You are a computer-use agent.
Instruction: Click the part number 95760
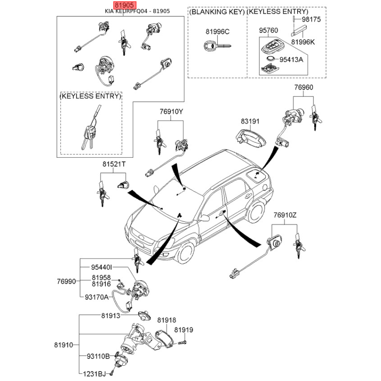pyautogui.click(x=268, y=30)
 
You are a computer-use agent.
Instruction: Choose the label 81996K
pyautogui.click(x=303, y=42)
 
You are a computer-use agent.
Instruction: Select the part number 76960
pyautogui.click(x=303, y=88)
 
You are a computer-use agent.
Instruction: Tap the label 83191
pyautogui.click(x=250, y=121)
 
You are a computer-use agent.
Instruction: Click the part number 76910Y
pyautogui.click(x=171, y=112)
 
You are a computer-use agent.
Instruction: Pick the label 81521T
pyautogui.click(x=114, y=164)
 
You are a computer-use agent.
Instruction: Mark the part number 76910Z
pyautogui.click(x=285, y=215)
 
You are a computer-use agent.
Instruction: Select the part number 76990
pyautogui.click(x=66, y=281)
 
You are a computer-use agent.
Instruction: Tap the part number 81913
pyautogui.click(x=111, y=315)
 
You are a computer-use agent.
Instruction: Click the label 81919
pyautogui.click(x=183, y=330)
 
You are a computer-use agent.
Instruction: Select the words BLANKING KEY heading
pyautogui.click(x=217, y=11)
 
